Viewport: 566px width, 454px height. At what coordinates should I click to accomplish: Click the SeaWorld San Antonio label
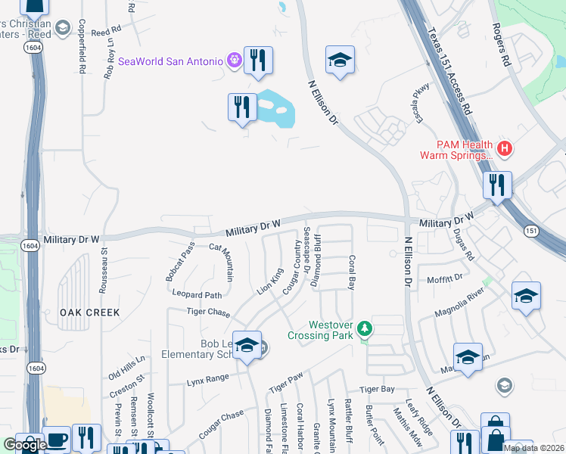pyautogui.click(x=169, y=61)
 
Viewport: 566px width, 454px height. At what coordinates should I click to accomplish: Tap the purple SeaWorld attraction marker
pyautogui.click(x=233, y=61)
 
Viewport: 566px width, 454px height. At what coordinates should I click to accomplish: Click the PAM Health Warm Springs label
pyautogui.click(x=456, y=150)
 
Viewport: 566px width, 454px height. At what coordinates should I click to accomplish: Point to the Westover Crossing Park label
pyautogui.click(x=322, y=330)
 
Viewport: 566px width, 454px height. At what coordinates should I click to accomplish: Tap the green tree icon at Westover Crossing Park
pyautogui.click(x=365, y=328)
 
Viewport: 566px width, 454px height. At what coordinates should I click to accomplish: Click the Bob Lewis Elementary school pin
pyautogui.click(x=247, y=345)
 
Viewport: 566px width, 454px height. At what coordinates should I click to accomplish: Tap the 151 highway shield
pyautogui.click(x=533, y=229)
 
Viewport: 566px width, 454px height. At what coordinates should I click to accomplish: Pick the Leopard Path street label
pyautogui.click(x=197, y=294)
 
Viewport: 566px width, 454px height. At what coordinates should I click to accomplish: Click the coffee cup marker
pyautogui.click(x=57, y=440)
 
